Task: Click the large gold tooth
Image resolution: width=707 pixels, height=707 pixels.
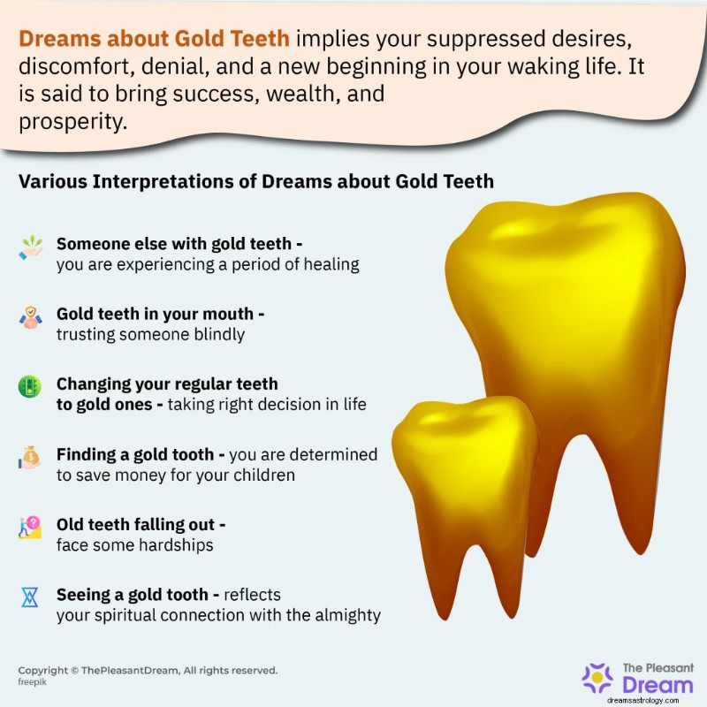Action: [x=568, y=343]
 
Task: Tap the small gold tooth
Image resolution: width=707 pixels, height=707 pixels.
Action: [x=465, y=487]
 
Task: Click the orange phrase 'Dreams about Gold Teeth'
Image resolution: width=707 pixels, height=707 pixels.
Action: [x=154, y=39]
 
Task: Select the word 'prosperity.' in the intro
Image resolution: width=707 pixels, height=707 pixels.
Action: [x=73, y=122]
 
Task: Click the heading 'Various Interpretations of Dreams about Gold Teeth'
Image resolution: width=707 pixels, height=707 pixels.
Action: [x=256, y=182]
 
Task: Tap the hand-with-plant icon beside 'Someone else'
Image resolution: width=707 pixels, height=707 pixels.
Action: [x=31, y=247]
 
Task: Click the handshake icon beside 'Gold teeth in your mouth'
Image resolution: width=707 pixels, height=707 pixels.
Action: [x=31, y=317]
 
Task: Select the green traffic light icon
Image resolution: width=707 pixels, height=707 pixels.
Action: [x=30, y=387]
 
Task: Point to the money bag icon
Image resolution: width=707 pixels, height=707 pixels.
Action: [x=30, y=457]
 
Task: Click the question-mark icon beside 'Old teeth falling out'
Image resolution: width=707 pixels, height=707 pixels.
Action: [x=30, y=528]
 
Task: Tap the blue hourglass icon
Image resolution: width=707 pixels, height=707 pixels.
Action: [x=30, y=597]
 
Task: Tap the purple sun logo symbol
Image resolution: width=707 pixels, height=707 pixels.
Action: [x=598, y=678]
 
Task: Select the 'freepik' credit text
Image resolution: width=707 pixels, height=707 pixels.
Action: [x=32, y=682]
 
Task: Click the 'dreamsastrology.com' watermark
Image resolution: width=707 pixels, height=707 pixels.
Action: [x=643, y=700]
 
